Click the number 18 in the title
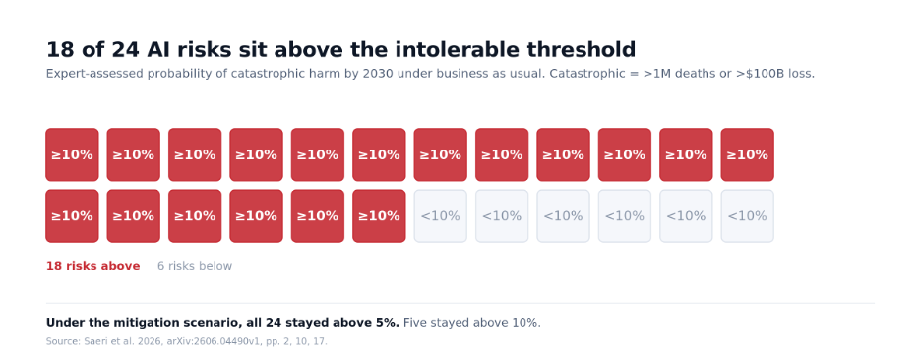point(59,50)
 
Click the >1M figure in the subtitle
point(658,74)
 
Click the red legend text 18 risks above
point(92,266)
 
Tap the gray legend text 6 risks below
point(195,266)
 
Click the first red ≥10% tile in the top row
point(72,154)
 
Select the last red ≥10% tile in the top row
point(747,154)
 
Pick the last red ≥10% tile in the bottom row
point(379,215)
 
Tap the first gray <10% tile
point(441,215)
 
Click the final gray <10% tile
point(747,215)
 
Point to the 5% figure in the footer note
point(390,323)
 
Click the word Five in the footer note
point(414,323)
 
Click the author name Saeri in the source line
point(90,341)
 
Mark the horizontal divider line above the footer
point(460,304)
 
